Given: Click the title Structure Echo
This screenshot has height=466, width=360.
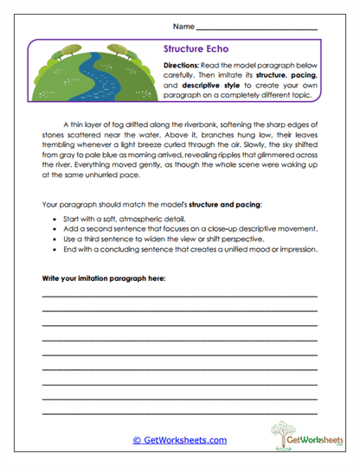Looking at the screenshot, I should [196, 50].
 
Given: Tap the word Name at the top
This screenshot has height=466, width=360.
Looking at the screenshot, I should [183, 27].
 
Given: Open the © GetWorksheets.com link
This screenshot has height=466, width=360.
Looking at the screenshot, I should [180, 440].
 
